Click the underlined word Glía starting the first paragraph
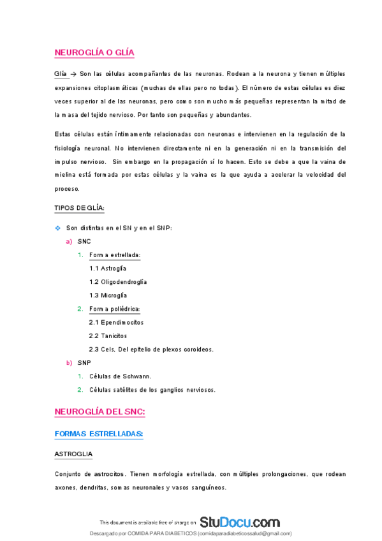click(61, 74)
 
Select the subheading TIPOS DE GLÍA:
click(80, 208)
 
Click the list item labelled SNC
click(84, 242)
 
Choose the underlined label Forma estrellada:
click(115, 255)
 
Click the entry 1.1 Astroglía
click(108, 269)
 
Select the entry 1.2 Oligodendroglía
click(118, 282)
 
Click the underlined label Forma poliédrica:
click(115, 309)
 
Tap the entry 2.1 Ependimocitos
click(116, 322)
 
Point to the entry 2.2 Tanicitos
click(108, 336)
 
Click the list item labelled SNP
click(84, 362)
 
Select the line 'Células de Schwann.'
click(120, 376)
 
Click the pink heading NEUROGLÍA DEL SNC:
click(100, 412)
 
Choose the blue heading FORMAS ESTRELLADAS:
click(99, 434)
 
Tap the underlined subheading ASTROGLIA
click(73, 454)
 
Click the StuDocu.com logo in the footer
click(239, 522)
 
